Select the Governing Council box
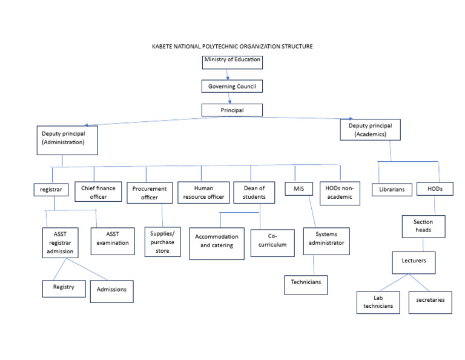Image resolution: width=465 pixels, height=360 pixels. point(232,86)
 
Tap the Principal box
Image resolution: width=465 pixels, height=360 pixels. point(232,110)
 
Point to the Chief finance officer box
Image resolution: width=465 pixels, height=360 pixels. point(98,192)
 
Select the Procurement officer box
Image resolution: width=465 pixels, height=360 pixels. point(150,193)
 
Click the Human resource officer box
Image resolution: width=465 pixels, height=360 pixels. point(201,192)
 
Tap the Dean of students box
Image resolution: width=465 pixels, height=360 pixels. point(250,192)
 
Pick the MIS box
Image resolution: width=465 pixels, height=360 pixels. point(299,189)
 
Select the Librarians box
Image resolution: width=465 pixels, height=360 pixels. point(392,190)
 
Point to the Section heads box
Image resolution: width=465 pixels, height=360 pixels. point(423,226)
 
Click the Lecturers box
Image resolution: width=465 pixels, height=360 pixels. point(414,262)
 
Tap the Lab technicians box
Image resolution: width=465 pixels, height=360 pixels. point(378,301)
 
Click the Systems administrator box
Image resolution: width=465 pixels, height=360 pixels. point(329,238)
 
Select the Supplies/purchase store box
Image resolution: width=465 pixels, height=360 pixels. point(162,242)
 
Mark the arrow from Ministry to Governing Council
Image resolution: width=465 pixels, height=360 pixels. point(227,75)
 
